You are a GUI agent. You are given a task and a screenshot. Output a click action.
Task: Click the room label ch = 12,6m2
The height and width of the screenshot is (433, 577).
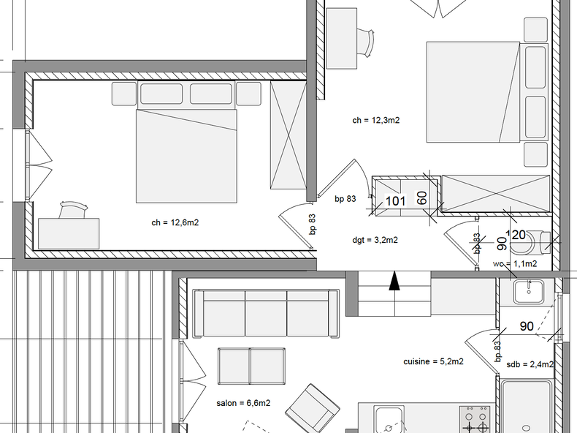[x=175, y=222]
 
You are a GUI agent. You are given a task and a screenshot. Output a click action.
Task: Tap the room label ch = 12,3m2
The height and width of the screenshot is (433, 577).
[x=375, y=121]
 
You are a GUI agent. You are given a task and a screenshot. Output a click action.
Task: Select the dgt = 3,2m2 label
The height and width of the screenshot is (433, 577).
[x=375, y=239]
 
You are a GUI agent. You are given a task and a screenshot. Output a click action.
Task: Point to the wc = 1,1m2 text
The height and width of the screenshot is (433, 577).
[x=515, y=263]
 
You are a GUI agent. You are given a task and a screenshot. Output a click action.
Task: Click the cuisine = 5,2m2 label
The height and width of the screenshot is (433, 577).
[x=433, y=361]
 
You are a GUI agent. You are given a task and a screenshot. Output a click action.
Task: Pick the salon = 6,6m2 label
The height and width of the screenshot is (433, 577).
[x=243, y=402]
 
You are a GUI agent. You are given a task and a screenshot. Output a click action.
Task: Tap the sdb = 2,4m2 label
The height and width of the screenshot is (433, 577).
[x=530, y=364]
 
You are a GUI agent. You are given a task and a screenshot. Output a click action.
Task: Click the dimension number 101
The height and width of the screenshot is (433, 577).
[x=395, y=201]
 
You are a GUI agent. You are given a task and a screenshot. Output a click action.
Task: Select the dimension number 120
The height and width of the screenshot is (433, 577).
[x=516, y=235]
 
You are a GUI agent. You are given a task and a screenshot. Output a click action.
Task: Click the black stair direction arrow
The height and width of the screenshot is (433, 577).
[x=394, y=282]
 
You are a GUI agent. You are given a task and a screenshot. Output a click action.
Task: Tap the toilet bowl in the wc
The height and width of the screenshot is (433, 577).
[x=541, y=240]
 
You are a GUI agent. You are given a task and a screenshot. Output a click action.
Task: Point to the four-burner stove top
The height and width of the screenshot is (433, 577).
[x=476, y=421]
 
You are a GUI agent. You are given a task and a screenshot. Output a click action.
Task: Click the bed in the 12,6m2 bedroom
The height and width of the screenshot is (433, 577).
[x=186, y=155]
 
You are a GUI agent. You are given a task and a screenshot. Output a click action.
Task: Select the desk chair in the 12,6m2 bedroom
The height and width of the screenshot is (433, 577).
[x=72, y=211]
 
